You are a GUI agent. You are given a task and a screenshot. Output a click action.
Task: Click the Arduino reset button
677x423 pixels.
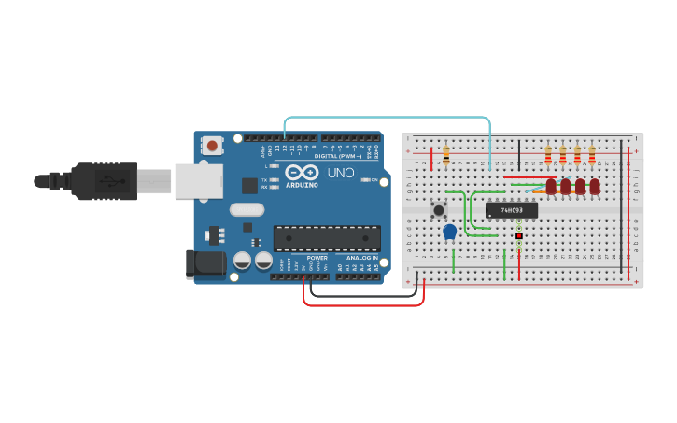(x=213, y=145)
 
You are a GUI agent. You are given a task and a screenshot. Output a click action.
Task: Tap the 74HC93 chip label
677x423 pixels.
(x=511, y=210)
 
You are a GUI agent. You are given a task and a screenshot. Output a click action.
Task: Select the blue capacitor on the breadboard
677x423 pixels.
(x=449, y=231)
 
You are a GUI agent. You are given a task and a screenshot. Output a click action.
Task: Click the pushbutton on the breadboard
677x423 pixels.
(x=438, y=209)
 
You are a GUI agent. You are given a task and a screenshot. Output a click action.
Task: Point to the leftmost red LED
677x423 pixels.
(x=551, y=187)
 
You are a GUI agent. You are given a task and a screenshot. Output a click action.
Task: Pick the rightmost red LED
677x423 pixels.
(x=595, y=187)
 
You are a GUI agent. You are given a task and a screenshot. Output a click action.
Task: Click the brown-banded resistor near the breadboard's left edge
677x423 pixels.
(x=445, y=155)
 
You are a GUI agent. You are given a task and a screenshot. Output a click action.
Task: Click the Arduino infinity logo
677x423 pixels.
(x=303, y=173)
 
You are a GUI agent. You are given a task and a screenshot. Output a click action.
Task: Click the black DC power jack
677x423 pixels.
(x=205, y=263)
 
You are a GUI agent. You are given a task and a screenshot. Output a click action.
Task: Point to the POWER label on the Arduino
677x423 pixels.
(x=317, y=257)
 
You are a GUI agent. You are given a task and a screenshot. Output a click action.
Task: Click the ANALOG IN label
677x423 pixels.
(x=362, y=257)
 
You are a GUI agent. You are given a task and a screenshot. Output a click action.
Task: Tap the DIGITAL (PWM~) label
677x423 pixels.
(x=337, y=156)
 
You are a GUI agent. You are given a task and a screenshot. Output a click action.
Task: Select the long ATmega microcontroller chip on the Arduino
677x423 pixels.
(x=327, y=238)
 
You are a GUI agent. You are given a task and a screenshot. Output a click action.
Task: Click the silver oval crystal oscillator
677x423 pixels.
(x=247, y=210)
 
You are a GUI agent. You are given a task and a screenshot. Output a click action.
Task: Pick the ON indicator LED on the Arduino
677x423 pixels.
(x=364, y=180)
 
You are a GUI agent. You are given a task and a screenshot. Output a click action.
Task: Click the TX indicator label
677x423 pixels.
(x=264, y=179)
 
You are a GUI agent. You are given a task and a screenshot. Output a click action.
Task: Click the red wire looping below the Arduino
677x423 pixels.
(x=364, y=304)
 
